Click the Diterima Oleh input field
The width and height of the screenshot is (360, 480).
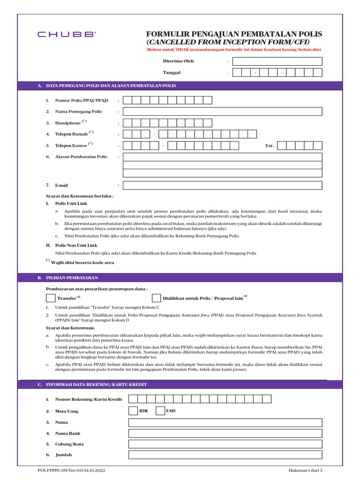pyautogui.click(x=277, y=61)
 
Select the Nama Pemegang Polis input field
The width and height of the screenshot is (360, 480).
pyautogui.click(x=223, y=112)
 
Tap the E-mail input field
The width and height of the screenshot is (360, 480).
pyautogui.click(x=223, y=185)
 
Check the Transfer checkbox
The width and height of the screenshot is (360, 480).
pyautogui.click(x=51, y=298)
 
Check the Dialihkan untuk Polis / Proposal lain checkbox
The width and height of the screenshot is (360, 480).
pyautogui.click(x=156, y=298)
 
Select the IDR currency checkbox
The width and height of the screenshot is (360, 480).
pyautogui.click(x=133, y=411)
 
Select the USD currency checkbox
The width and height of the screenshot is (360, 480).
pyautogui.click(x=160, y=411)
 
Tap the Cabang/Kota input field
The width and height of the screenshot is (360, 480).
pyautogui.click(x=225, y=444)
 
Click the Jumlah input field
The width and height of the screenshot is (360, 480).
pyautogui.click(x=225, y=455)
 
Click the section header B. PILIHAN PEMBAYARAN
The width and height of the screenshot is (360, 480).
pyautogui.click(x=65, y=278)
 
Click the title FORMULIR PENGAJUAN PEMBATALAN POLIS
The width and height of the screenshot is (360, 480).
pyautogui.click(x=234, y=34)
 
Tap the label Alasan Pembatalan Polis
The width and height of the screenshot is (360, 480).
pyautogui.click(x=81, y=157)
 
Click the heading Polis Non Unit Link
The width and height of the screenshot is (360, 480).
pyautogui.click(x=76, y=245)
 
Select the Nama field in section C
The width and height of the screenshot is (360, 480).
pyautogui.click(x=225, y=422)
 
